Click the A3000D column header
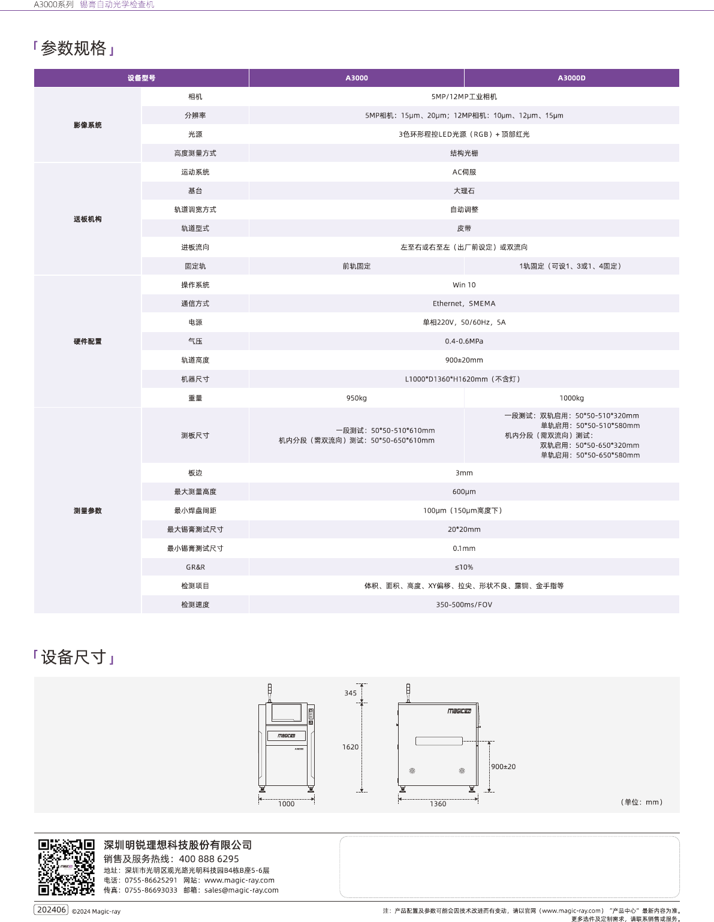[x=571, y=78]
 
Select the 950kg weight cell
[x=356, y=398]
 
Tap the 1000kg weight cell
[x=571, y=398]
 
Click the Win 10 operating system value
[x=464, y=285]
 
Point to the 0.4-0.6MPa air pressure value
[x=464, y=341]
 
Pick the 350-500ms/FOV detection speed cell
[x=464, y=605]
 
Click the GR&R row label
[x=195, y=567]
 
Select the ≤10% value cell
[x=464, y=567]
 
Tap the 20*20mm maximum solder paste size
[x=464, y=529]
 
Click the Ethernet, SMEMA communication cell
[x=464, y=304]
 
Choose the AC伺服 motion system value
[x=464, y=172]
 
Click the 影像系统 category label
[x=88, y=125]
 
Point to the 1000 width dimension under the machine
[x=286, y=804]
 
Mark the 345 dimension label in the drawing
[x=350, y=693]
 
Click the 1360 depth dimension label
[x=438, y=804]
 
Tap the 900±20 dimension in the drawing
[x=503, y=767]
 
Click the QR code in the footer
[x=67, y=867]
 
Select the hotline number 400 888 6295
[x=209, y=859]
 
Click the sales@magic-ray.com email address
[x=241, y=890]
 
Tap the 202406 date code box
[x=52, y=910]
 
